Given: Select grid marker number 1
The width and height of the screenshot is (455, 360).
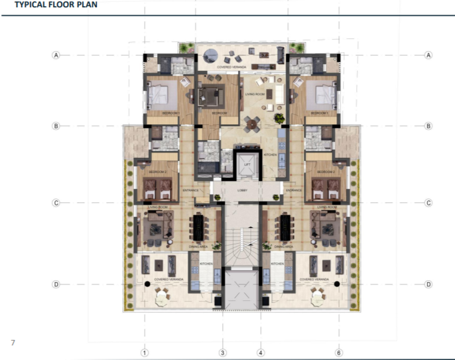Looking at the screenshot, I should point(144,352).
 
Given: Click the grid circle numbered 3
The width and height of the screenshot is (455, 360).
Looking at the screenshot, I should point(223,352).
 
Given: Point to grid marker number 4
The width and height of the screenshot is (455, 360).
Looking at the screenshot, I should point(260,352).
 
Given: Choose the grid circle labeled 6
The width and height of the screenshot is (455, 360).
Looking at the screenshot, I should point(339,352).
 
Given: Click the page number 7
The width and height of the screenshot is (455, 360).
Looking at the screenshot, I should point(13,342).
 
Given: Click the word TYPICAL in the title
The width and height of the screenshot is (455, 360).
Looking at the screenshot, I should point(23,5).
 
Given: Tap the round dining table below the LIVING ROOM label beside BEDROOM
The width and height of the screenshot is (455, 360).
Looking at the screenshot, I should point(252,124).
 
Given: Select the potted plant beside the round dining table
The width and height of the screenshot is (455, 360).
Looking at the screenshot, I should point(278,118).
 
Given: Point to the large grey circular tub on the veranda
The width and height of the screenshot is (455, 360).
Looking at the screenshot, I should point(210,54).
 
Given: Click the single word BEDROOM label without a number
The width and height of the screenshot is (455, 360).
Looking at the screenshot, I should point(219,113).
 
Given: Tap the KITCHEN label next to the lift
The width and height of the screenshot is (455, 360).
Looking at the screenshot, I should point(270,155).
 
